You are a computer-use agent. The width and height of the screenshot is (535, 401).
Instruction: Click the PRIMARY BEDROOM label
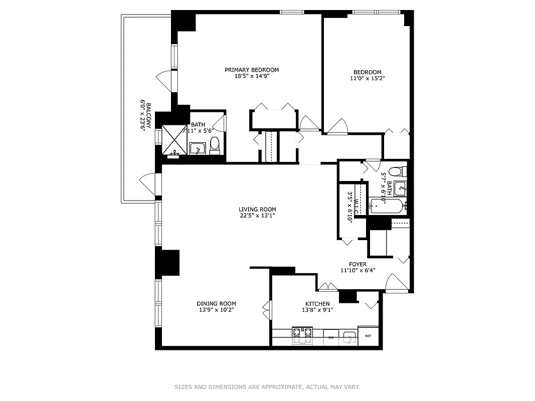(x=252, y=70)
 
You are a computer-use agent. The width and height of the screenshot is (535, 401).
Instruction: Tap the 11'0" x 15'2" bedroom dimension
(x=367, y=78)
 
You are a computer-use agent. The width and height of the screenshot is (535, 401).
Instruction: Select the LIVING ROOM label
(x=257, y=210)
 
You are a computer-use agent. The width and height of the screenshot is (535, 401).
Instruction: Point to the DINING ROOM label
(x=216, y=304)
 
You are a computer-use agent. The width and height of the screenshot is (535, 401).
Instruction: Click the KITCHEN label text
(x=317, y=304)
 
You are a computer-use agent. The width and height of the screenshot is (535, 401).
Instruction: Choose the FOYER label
(x=358, y=264)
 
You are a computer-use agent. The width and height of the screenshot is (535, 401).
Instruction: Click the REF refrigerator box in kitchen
(x=368, y=336)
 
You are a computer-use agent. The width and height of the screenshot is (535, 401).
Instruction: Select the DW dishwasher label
(x=331, y=337)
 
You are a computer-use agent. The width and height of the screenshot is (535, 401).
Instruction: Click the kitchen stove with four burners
(x=302, y=336)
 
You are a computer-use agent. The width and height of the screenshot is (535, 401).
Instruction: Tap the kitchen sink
(x=349, y=337)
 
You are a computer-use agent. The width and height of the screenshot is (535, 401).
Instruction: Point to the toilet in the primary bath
(x=215, y=145)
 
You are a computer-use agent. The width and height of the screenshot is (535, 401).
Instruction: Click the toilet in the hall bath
(x=396, y=171)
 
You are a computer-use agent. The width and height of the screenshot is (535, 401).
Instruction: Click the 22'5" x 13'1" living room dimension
(x=257, y=216)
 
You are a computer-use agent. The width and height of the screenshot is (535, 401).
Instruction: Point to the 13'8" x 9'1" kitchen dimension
(x=317, y=310)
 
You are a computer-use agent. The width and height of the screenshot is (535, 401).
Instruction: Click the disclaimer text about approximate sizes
(x=267, y=387)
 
